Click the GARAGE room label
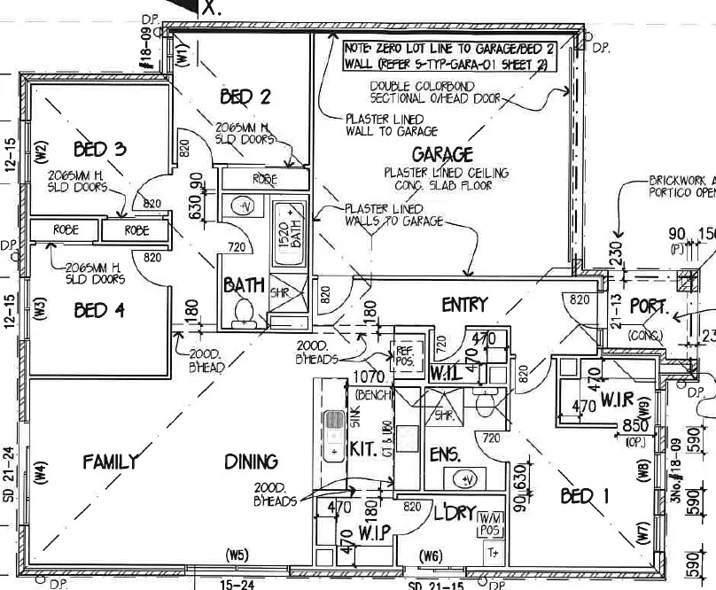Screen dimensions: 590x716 [x=441, y=154]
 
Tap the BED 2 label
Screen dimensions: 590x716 [x=245, y=97]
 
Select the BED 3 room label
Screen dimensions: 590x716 [x=99, y=148]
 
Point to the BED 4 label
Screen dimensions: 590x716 [x=99, y=310]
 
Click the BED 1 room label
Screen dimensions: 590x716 [x=585, y=496]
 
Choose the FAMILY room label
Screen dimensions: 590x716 [x=111, y=461]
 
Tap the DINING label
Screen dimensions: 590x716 [x=251, y=461]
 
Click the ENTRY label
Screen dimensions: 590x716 [x=464, y=305]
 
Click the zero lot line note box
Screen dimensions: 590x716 [x=449, y=56]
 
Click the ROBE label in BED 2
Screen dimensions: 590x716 [x=265, y=179]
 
